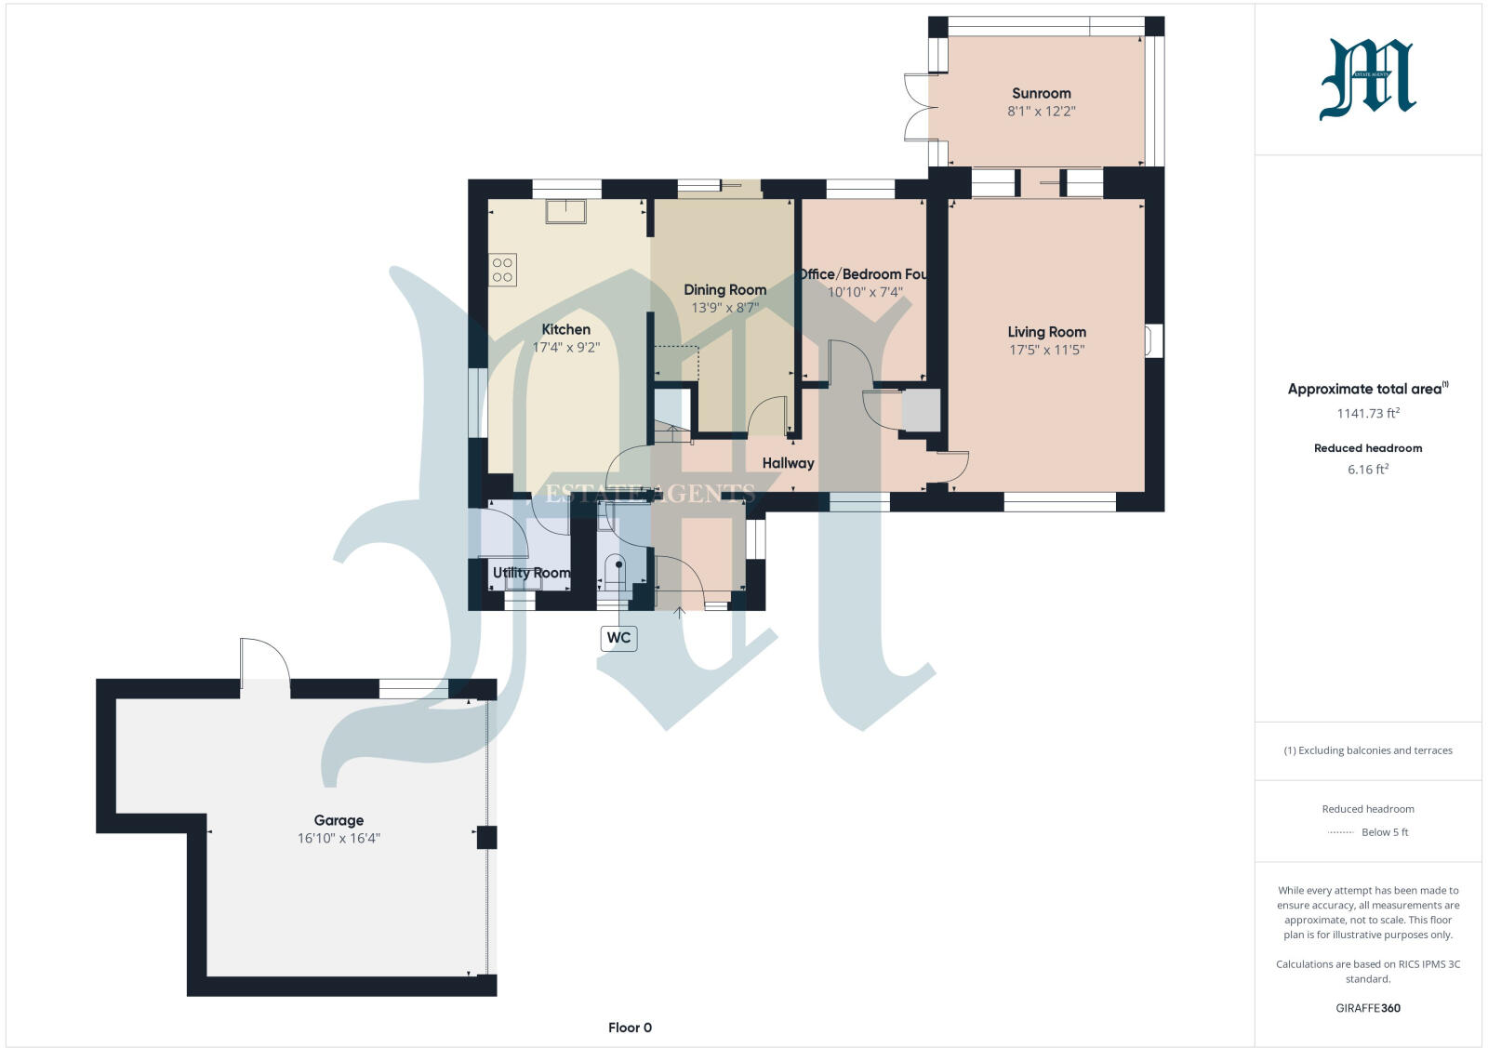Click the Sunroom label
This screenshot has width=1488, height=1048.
coord(1041,93)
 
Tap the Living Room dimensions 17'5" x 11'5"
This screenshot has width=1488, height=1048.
coord(1046,351)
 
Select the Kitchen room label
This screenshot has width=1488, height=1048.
coord(565,329)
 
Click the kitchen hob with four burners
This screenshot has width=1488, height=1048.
coord(502,271)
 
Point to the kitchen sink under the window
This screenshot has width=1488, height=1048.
coord(565,212)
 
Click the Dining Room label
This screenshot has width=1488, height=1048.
coord(724,289)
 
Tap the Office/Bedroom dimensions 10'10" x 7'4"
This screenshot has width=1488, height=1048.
coord(865,292)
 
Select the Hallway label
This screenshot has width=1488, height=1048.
coord(788,463)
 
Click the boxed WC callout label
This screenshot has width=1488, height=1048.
coord(618,638)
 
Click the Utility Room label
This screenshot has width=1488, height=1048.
coord(531,573)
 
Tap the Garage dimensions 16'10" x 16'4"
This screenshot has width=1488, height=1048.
coord(339,839)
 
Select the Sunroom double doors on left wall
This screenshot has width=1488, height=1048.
coord(917,107)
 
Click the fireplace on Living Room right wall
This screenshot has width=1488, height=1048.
coord(1154,340)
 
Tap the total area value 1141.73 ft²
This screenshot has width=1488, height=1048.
coord(1367,414)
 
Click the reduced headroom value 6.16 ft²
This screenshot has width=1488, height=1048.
coord(1367,470)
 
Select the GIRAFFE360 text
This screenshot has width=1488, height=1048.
coord(1367,1008)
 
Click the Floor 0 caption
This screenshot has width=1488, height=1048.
coord(630,1028)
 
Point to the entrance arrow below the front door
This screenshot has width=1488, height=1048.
coord(680,612)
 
